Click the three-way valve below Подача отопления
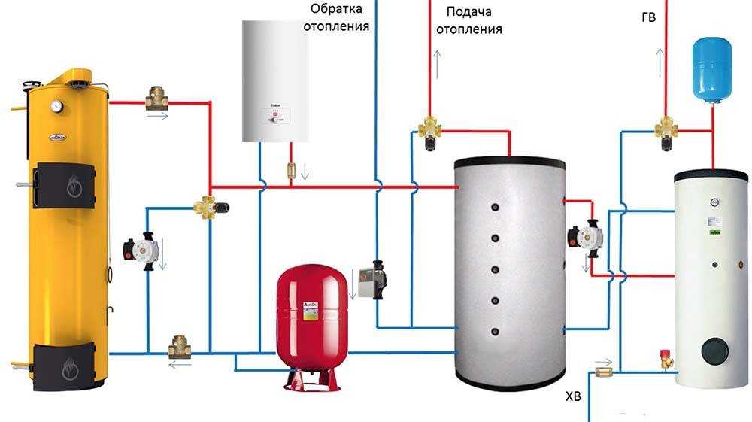pos(430,131)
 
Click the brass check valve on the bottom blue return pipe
pos(180,349)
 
